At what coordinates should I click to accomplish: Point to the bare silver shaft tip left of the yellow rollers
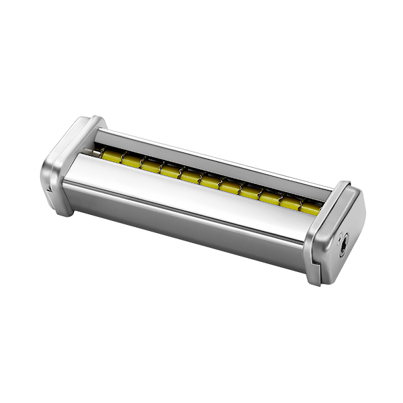[x=95, y=153]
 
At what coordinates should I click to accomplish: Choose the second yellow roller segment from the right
[x=290, y=204]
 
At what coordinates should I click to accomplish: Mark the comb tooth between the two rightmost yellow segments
[x=300, y=205]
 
